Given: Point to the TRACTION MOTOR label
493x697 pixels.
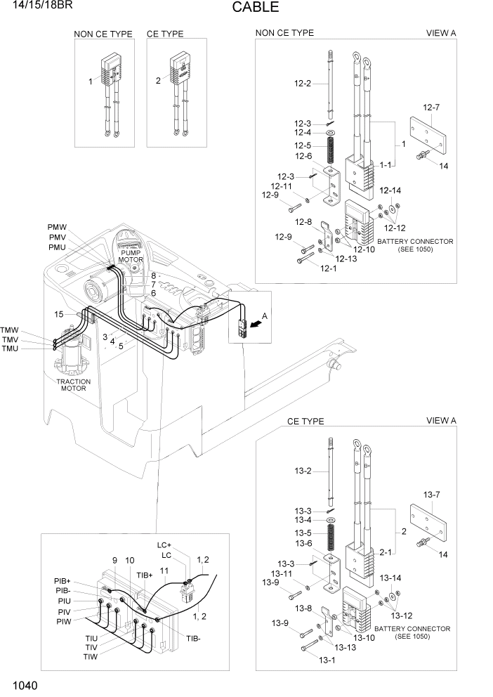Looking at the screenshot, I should click(74, 386).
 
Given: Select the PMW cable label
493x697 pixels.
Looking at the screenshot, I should click(58, 227).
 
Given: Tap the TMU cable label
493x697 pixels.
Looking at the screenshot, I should click(10, 350).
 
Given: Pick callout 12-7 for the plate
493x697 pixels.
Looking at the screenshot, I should click(431, 108).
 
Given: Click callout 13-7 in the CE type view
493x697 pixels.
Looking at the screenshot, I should click(431, 495).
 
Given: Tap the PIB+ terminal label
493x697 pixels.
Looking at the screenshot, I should click(63, 581).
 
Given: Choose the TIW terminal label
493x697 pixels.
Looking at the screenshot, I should click(91, 656).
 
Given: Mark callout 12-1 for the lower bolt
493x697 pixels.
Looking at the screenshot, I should click(327, 268).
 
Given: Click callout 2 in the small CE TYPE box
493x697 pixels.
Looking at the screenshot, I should click(158, 81).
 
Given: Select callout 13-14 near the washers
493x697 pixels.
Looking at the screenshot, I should click(390, 578).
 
